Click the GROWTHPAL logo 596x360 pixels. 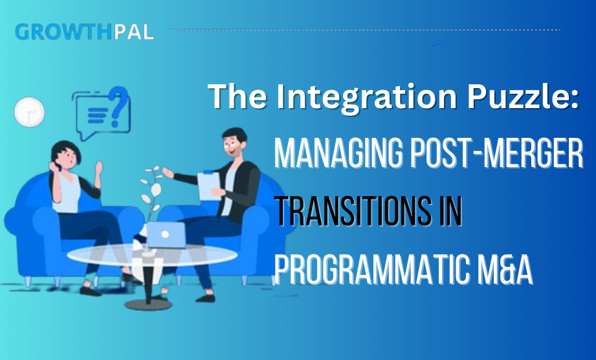[x=84, y=31]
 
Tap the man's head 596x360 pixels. [x=232, y=142]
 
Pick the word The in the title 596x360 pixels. [x=232, y=97]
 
